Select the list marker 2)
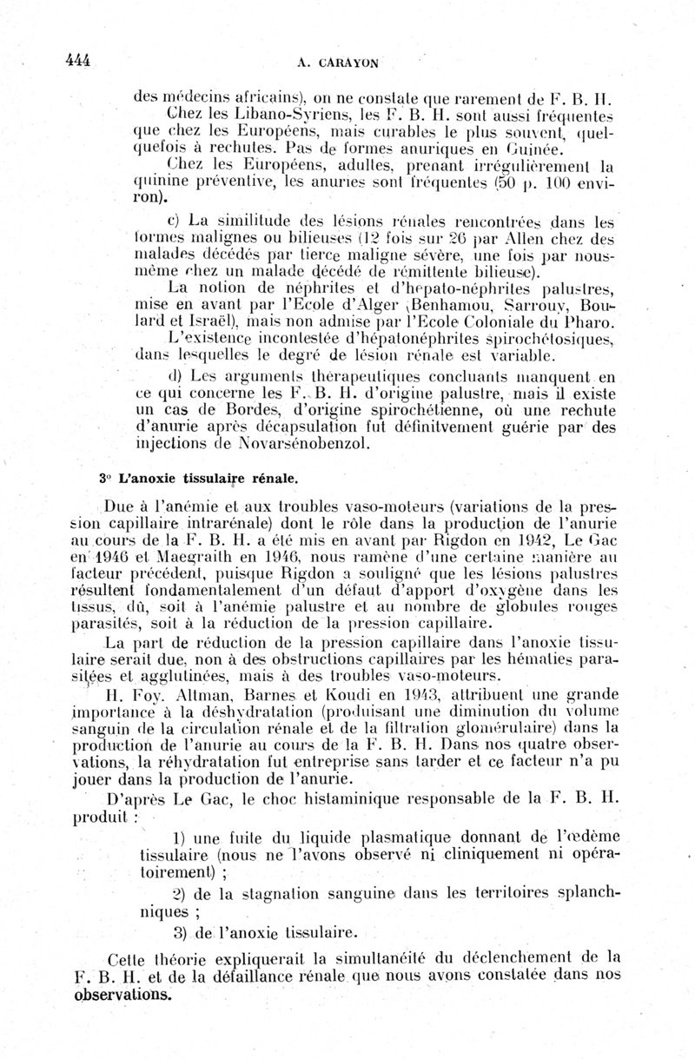point(181,894)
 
